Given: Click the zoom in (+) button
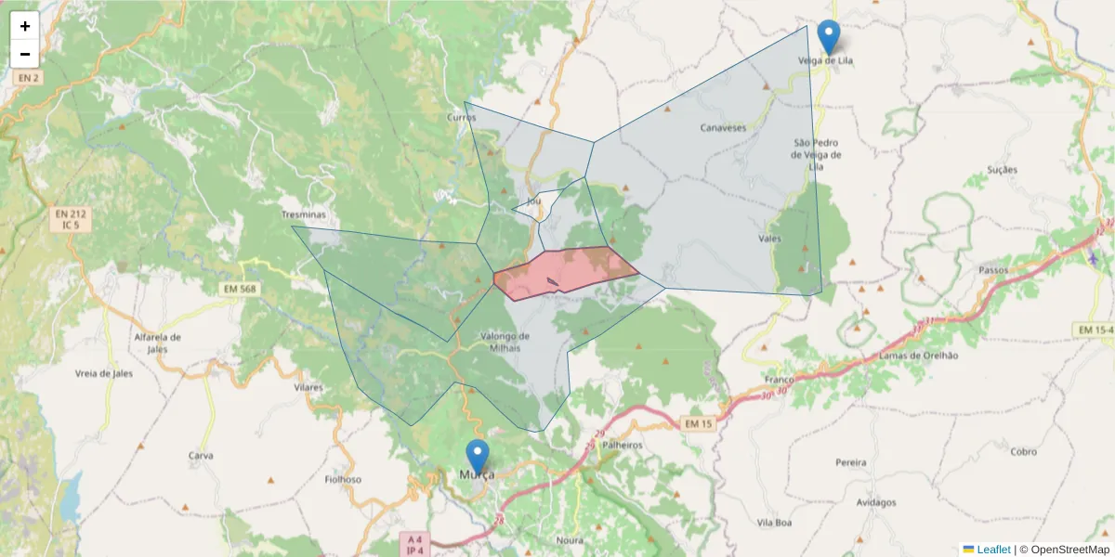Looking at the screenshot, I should [x=25, y=26].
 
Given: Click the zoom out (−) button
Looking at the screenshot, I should [x=25, y=54].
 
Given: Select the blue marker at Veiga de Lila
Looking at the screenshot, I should [x=828, y=38].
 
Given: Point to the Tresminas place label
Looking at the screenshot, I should [x=304, y=214].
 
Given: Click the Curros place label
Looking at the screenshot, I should [x=462, y=118].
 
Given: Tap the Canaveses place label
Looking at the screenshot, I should [x=723, y=128].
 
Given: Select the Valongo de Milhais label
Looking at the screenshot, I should [x=505, y=341].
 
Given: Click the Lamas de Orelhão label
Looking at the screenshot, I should [x=917, y=356].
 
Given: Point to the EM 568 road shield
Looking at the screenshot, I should [x=239, y=289].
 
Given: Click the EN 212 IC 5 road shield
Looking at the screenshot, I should [x=66, y=220].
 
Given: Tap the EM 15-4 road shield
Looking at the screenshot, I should [x=1094, y=330].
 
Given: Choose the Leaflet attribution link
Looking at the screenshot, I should [x=992, y=550].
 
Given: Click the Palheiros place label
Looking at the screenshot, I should [x=623, y=445].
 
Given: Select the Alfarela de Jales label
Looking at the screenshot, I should [x=158, y=343].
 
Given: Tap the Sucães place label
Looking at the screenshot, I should [x=1003, y=170].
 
